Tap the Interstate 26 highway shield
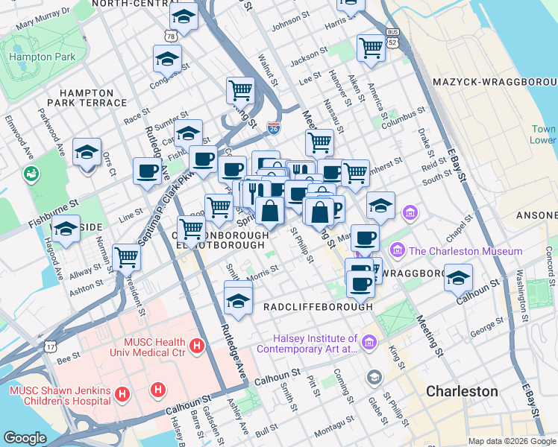[x=274, y=129]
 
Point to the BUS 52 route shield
[x=392, y=37]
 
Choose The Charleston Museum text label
[x=465, y=251]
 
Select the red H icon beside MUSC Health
[x=197, y=346]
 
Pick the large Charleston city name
[x=462, y=391]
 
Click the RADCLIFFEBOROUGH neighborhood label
[x=318, y=306]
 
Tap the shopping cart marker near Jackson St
[x=371, y=47]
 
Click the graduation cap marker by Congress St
[x=168, y=57]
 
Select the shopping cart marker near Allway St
[x=127, y=257]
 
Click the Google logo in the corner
[x=25, y=438]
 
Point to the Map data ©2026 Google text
[x=511, y=440]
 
